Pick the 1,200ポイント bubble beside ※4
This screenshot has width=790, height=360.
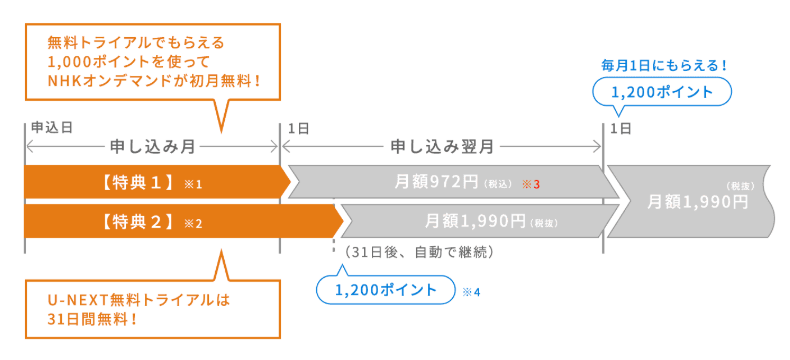(x=385, y=291)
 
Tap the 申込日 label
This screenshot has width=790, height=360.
(x=52, y=128)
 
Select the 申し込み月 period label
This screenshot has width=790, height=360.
(x=152, y=146)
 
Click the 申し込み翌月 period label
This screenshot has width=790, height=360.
(x=441, y=146)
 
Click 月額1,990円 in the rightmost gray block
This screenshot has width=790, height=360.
(x=698, y=201)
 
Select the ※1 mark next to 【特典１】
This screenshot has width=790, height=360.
(x=193, y=185)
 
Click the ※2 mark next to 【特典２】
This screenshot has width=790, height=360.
(x=193, y=223)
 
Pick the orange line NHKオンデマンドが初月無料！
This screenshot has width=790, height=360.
(x=154, y=80)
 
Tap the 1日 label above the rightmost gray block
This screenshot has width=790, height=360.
(x=620, y=128)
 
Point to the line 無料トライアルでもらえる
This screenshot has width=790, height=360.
(x=137, y=43)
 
